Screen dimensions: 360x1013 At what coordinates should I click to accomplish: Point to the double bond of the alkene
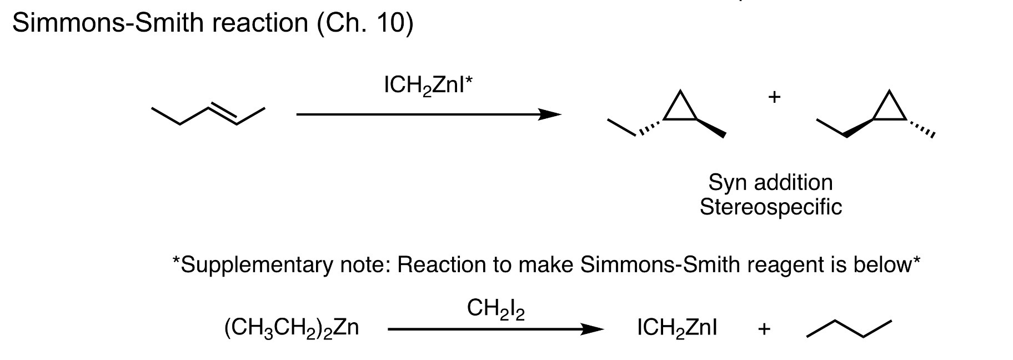tap(223, 113)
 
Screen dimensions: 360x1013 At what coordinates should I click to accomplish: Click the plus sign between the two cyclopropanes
tap(774, 97)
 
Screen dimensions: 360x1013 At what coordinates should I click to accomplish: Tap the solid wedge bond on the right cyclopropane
tap(859, 127)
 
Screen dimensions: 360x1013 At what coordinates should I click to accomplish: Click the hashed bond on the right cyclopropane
tap(920, 127)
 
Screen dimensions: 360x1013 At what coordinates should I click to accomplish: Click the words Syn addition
tap(770, 182)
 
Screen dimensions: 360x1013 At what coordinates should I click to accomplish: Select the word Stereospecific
tap(770, 207)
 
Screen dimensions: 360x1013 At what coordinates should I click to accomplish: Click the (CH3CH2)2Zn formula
tap(292, 328)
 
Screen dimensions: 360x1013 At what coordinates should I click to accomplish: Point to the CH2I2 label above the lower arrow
tap(496, 309)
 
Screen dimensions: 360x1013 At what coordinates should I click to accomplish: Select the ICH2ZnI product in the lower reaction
tap(677, 328)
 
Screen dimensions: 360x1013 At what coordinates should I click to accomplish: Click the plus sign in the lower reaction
tap(764, 329)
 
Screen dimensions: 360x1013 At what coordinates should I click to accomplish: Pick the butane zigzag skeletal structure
tap(849, 328)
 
